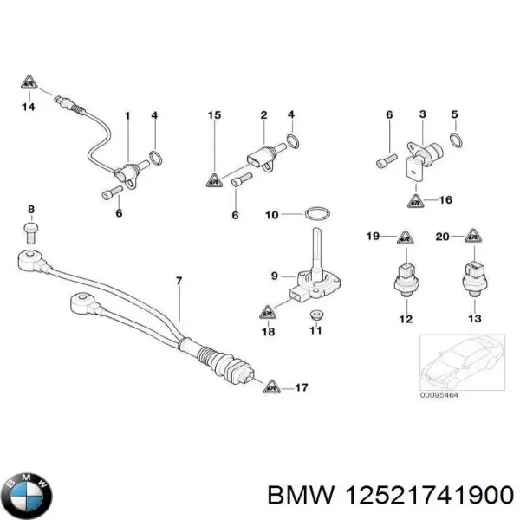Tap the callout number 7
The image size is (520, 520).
[179, 280]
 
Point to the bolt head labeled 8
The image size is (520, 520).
[31, 230]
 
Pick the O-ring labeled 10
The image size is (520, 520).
[318, 213]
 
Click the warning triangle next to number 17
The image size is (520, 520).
[271, 387]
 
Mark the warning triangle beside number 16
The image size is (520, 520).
[417, 200]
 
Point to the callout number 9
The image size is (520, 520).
[274, 276]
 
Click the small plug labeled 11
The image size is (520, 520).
[315, 313]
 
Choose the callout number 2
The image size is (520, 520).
[263, 114]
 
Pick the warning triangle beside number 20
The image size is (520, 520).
[470, 236]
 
